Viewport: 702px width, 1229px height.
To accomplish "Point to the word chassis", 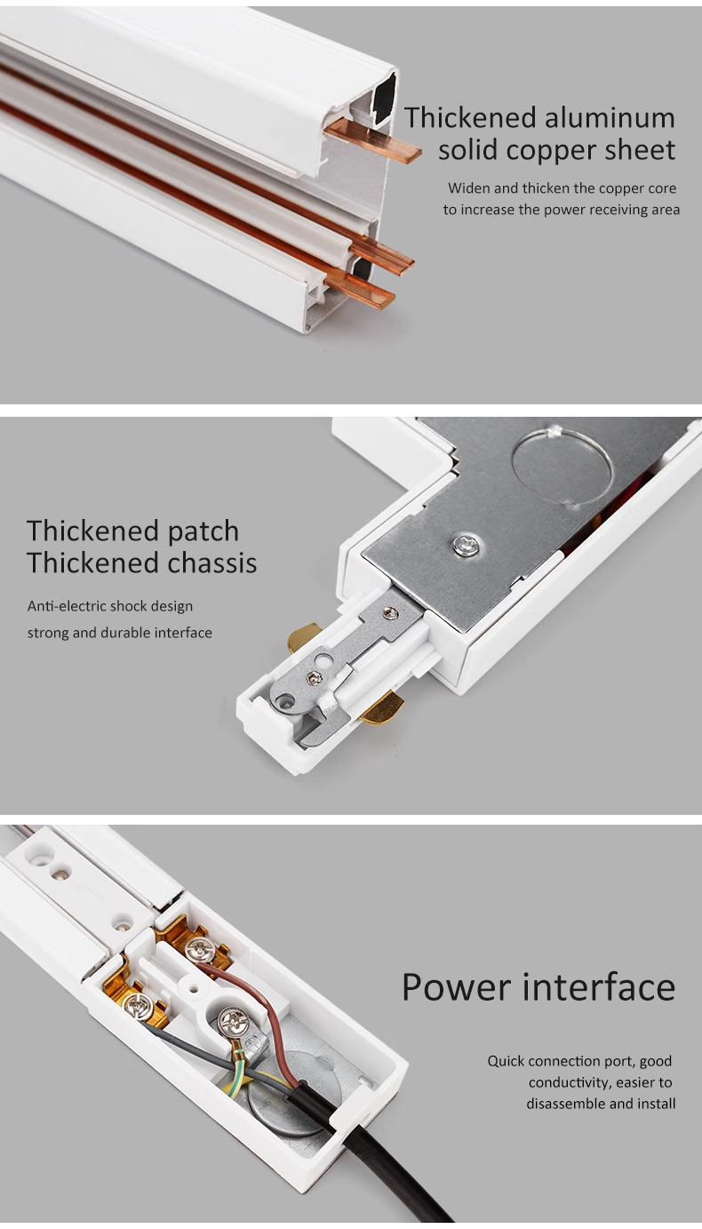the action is pos(212,563).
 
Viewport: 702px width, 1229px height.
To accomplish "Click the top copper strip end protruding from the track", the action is pos(373,140).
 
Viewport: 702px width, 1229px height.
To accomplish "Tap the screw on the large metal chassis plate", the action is pos(465,545).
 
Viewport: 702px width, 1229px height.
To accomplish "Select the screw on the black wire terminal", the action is pos(135,1006).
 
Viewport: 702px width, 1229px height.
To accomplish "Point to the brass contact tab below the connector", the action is pos(382,706).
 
